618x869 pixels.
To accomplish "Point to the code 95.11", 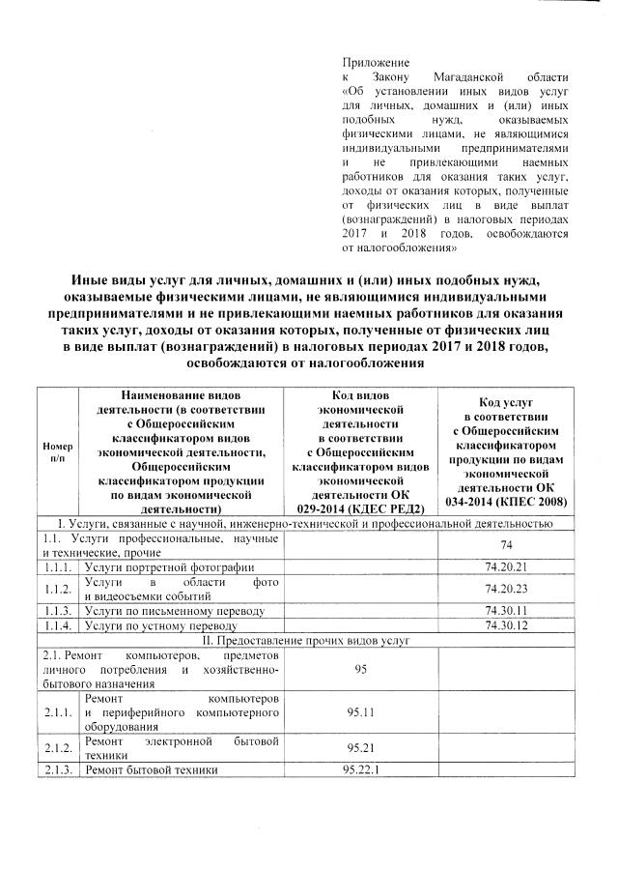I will pos(361,712).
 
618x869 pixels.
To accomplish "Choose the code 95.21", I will pos(361,747).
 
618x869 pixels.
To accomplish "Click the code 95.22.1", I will pos(361,769).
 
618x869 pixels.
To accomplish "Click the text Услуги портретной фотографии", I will pos(169,566).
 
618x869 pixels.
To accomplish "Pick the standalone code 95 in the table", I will pos(361,669).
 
